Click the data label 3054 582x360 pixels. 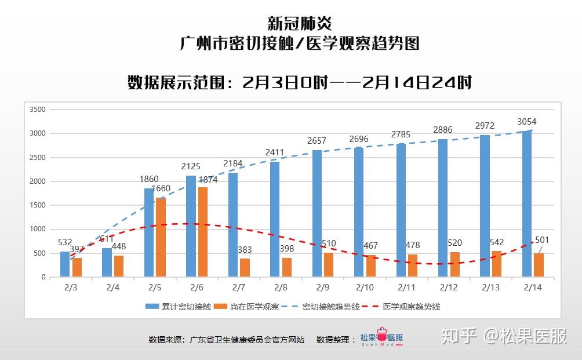[x=526, y=122]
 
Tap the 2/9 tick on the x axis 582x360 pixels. [x=322, y=288]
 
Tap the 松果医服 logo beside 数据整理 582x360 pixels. [x=381, y=339]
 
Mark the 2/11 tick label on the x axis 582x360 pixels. [x=406, y=288]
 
